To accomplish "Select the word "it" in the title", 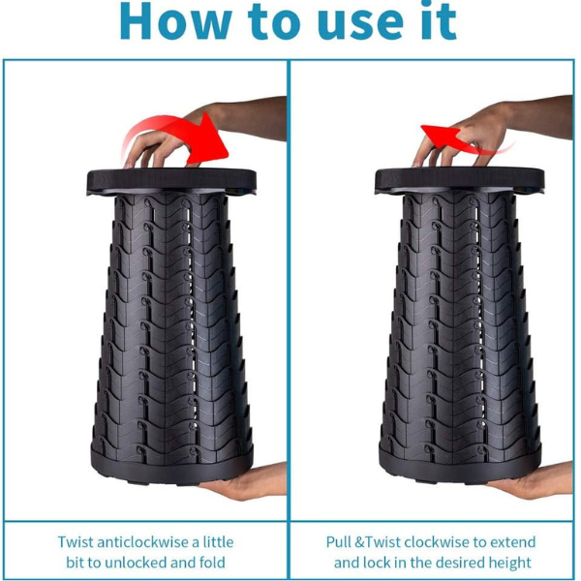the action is pyautogui.click(x=440, y=20).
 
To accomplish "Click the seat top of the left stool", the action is pyautogui.click(x=171, y=181).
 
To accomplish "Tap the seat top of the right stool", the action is pyautogui.click(x=459, y=180).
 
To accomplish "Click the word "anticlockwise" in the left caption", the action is pyautogui.click(x=142, y=542).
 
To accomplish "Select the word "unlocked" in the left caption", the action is pyautogui.click(x=136, y=563).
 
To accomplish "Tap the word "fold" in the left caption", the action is pyautogui.click(x=212, y=563).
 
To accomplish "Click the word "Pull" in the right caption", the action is pyautogui.click(x=338, y=542).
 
